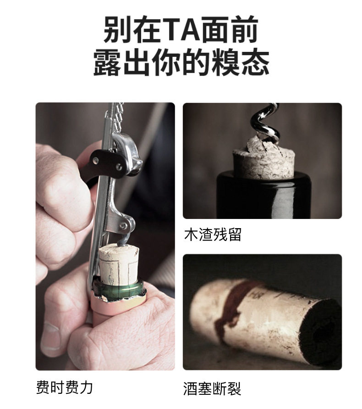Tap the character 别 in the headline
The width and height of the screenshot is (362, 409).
117,30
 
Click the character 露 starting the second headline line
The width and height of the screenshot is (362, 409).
107,62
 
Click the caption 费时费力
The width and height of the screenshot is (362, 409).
64,387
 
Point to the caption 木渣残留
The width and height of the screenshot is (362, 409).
213,234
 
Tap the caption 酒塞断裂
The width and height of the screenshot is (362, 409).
212,388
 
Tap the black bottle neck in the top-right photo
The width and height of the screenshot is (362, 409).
264,195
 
